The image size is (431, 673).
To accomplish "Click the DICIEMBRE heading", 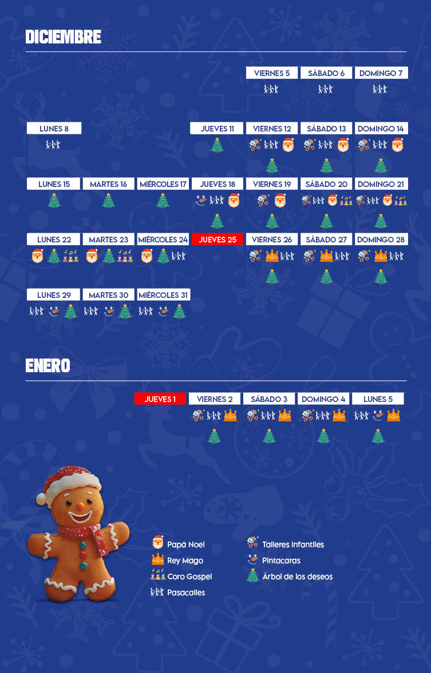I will [x=63, y=37].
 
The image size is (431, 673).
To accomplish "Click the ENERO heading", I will [x=48, y=366].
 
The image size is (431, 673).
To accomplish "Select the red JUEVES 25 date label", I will [x=218, y=240].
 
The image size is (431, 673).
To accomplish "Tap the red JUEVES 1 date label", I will [x=160, y=399].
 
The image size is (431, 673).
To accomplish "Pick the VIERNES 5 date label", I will [x=272, y=73].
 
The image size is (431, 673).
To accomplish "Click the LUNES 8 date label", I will [x=54, y=129].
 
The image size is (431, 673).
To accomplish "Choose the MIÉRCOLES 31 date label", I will [x=163, y=295].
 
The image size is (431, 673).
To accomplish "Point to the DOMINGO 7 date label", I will [x=381, y=73].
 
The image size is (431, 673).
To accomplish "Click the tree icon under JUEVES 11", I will [x=217, y=145].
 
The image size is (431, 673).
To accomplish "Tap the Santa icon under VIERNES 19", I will [x=280, y=201].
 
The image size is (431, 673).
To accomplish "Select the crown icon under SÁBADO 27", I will [x=326, y=256].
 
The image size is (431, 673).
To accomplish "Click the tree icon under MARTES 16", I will [x=108, y=201].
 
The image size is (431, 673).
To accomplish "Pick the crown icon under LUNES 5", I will [x=393, y=416].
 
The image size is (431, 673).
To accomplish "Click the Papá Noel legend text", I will [x=185, y=545].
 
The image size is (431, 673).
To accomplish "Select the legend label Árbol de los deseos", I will [x=297, y=576].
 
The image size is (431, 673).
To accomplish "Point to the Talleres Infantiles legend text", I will [x=292, y=545].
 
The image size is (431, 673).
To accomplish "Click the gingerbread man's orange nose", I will [x=81, y=507].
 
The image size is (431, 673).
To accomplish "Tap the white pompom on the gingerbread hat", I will [x=41, y=497].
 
